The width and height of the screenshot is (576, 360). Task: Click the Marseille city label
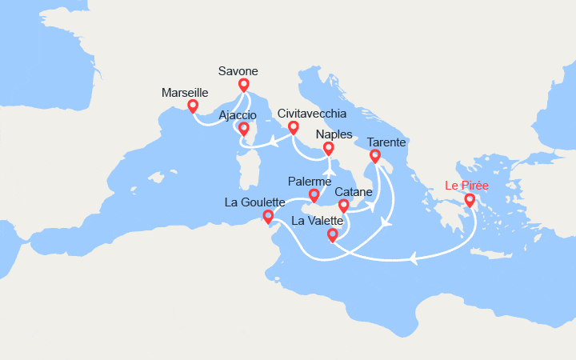click(x=184, y=93)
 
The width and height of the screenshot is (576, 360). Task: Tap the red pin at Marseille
click(x=193, y=106)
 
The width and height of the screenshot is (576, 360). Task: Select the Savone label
click(x=238, y=71)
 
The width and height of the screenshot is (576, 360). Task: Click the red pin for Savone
click(x=243, y=84)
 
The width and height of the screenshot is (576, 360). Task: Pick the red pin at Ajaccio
click(x=243, y=128)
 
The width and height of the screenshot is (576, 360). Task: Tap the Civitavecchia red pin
click(x=294, y=127)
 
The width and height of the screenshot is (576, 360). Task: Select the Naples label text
click(x=334, y=135)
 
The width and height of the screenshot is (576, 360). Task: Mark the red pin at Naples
click(x=328, y=149)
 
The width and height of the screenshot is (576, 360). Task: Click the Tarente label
click(x=386, y=142)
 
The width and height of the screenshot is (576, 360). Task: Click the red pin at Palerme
click(x=314, y=194)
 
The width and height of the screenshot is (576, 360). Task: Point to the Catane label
click(x=353, y=192)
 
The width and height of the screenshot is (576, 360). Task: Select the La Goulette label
click(x=255, y=202)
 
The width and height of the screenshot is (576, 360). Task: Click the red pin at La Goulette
click(x=268, y=216)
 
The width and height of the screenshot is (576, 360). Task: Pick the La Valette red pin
click(x=333, y=234)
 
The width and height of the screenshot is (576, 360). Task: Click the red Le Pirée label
click(x=468, y=186)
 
